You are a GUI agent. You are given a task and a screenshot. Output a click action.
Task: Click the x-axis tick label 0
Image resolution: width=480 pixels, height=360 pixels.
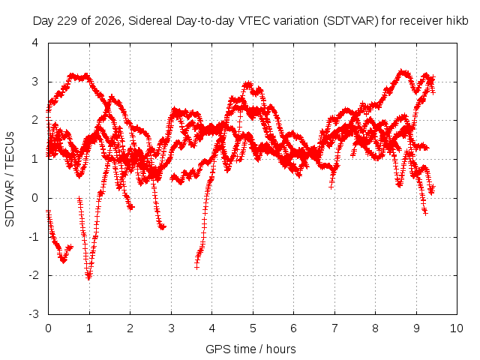coord(48,328)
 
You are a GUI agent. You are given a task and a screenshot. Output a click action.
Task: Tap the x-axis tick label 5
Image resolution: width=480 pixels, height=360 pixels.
coord(253,328)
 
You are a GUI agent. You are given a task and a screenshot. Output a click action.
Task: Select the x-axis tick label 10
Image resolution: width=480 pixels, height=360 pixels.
coord(457,328)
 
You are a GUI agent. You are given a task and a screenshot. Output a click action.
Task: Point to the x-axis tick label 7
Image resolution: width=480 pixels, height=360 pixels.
coord(334,328)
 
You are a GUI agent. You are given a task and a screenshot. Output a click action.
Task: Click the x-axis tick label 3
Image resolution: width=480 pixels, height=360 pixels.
coord(171,328)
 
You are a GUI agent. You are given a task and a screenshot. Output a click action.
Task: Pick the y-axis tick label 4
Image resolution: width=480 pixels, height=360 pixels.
coord(35,43)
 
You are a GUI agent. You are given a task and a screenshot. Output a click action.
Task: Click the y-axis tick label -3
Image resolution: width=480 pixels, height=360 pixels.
coord(34,314)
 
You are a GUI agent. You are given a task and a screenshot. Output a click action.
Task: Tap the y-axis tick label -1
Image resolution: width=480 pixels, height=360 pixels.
coord(34,237)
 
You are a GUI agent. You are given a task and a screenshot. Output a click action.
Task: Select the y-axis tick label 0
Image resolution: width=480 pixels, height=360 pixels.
coord(35,198)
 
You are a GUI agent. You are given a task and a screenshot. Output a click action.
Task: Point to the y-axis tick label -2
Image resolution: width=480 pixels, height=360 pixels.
coord(34,275)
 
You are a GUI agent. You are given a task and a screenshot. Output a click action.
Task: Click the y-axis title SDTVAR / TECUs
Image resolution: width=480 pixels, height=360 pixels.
coord(10,179)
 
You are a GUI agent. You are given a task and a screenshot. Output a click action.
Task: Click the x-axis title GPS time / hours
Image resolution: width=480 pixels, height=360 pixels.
coord(250,349)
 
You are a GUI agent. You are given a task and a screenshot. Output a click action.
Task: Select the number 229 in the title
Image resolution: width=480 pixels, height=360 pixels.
coord(69,21)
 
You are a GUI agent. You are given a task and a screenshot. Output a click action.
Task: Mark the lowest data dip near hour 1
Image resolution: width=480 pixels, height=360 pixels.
coord(88,277)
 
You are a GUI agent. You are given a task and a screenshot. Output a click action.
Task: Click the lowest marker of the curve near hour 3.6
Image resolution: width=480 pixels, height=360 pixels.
coord(196,267)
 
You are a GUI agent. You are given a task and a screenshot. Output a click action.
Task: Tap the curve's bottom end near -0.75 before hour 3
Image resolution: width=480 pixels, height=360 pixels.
coord(163,227)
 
